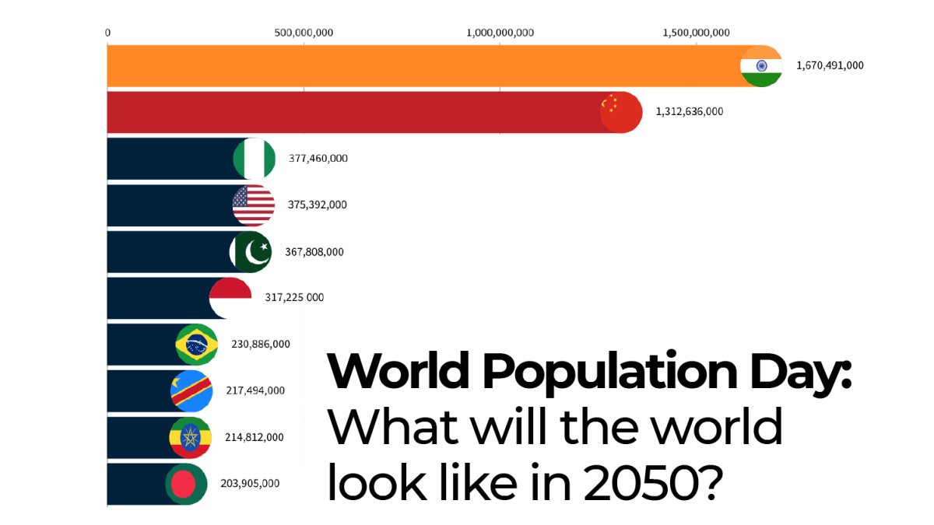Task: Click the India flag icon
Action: coord(760,66)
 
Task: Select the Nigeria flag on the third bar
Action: coord(254,159)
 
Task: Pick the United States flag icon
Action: coord(254,205)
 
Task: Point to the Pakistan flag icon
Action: coord(251,252)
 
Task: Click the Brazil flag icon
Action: coord(196,345)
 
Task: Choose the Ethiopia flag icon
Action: coord(190,437)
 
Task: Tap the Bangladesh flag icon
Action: coord(185,484)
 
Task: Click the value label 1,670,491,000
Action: coord(830,65)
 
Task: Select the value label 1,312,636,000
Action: coord(690,111)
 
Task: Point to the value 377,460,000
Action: coord(318,158)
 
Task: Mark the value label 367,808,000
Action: coord(314,251)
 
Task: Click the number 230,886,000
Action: coord(261,344)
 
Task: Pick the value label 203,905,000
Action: coord(250,483)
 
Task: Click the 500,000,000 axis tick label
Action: coord(304,32)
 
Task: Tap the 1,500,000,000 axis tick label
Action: coord(696,32)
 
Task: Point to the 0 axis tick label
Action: coord(107,32)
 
